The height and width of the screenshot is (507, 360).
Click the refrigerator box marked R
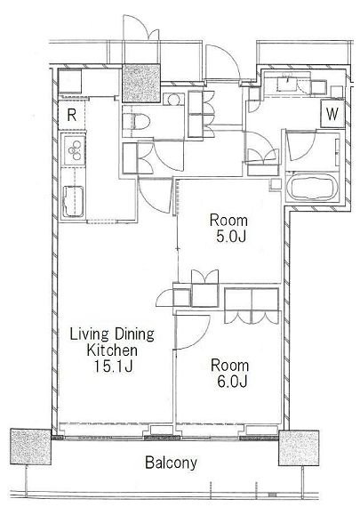pos(72,114)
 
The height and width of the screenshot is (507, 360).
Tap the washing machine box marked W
pos(332,114)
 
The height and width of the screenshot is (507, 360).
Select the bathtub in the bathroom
pos(312,187)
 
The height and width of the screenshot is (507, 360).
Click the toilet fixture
pos(136,122)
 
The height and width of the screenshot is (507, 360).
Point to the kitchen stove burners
pos(75,150)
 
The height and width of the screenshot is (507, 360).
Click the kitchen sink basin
pos(73,201)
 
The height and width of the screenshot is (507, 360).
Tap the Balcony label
pos(171,463)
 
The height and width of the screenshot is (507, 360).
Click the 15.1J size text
pos(113,366)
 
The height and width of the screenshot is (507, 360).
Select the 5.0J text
pos(231,237)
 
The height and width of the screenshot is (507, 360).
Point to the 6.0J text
pos(232,382)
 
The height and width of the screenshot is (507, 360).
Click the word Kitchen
pos(112,350)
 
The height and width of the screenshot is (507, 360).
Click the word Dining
pos(134,334)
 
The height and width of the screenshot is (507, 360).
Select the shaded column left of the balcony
pos(31,447)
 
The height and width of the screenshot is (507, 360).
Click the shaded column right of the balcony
pos(299,447)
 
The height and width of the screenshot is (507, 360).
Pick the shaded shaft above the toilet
pos(141,84)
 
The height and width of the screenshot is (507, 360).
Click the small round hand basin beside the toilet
pos(173,100)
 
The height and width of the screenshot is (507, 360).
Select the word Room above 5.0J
pos(228,221)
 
